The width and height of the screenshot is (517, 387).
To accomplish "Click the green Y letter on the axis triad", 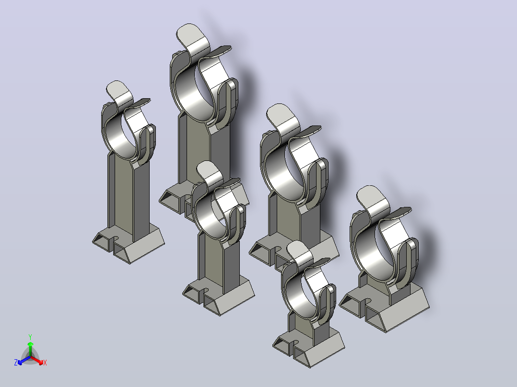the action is [x=30, y=337].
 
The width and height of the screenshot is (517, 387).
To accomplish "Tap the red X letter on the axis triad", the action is [x=45, y=363].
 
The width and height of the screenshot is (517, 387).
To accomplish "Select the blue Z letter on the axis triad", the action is [x=15, y=362].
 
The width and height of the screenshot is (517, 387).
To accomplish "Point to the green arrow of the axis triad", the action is [x=30, y=349].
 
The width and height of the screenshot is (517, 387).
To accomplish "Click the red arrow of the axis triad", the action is [x=37, y=360].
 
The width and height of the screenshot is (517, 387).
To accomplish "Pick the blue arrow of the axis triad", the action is [x=24, y=360].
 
